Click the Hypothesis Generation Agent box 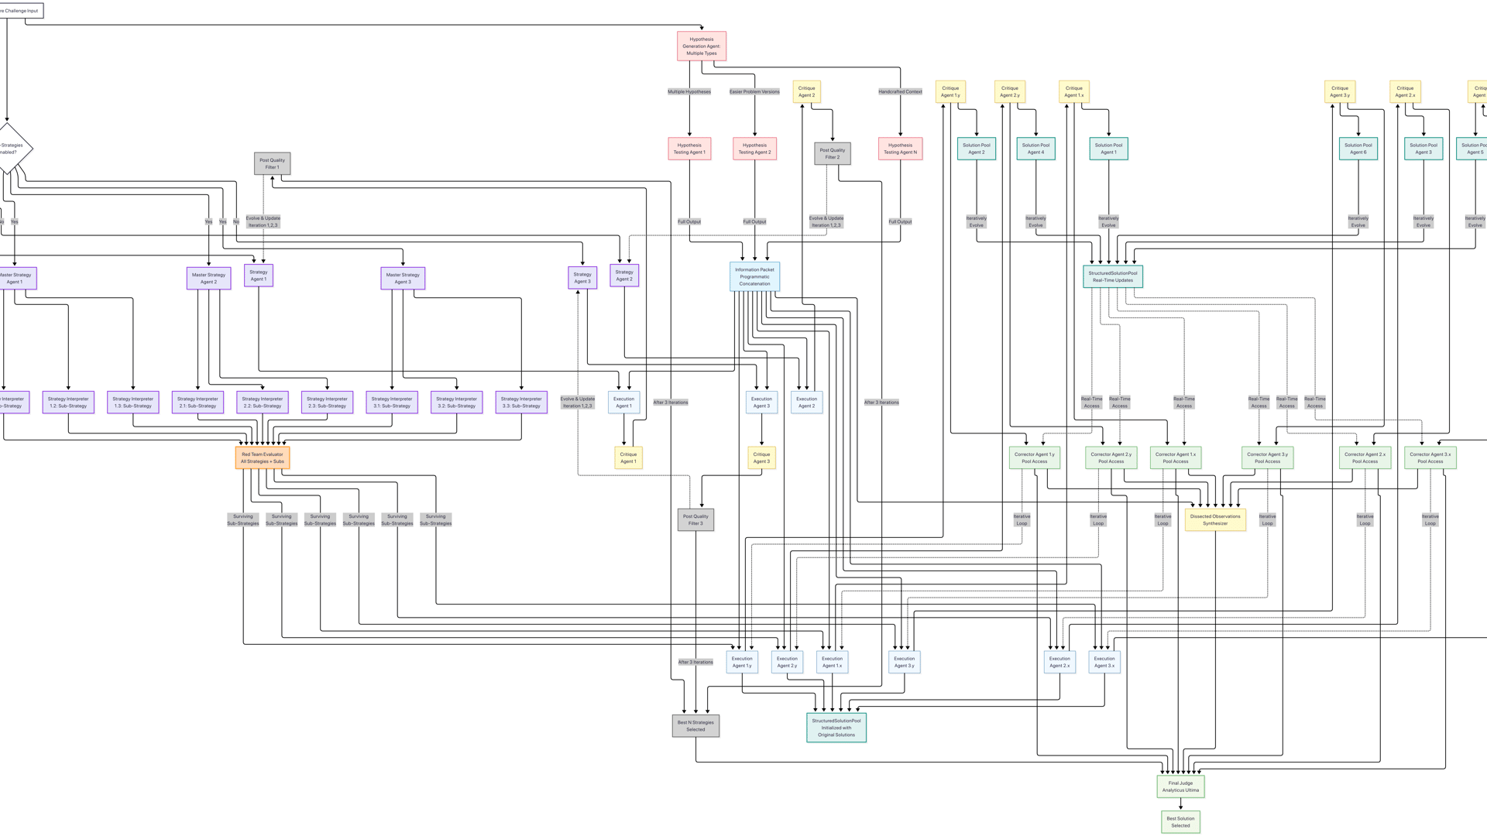[701, 46]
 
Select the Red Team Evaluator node [263, 457]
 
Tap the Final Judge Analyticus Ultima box [1180, 786]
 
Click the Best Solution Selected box [1180, 821]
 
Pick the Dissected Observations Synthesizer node [1215, 519]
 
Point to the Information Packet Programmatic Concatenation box [754, 276]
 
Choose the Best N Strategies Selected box [695, 725]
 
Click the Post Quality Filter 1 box [272, 163]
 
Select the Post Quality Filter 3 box [695, 519]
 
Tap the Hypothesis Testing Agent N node [900, 149]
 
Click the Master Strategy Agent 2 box [208, 278]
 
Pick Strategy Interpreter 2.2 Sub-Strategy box [263, 402]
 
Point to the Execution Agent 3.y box [904, 662]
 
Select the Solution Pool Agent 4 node [1035, 149]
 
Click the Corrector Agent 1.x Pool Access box [1175, 457]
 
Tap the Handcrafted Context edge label [900, 91]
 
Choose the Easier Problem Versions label [754, 91]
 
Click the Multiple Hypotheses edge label [689, 91]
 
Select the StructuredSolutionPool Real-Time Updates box [1112, 276]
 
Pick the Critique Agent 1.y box [950, 91]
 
